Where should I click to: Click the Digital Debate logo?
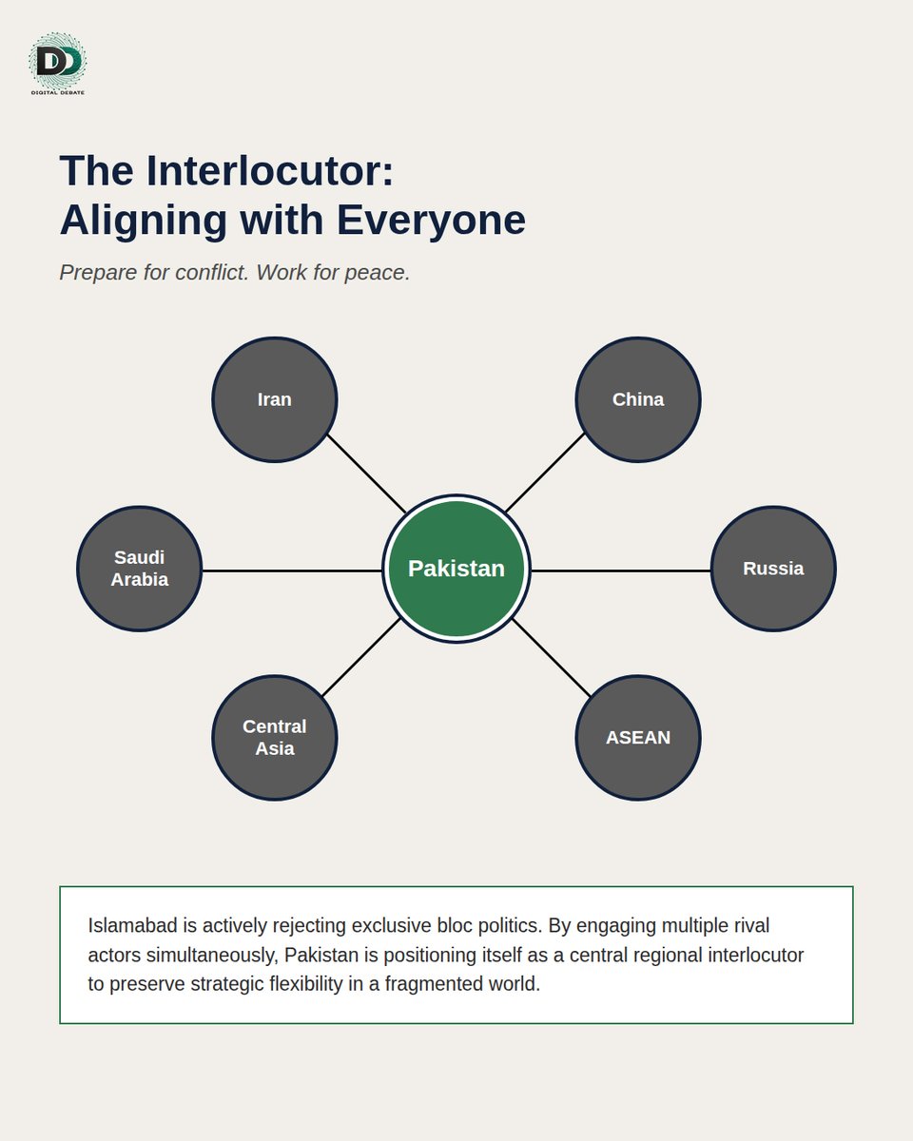click(x=57, y=64)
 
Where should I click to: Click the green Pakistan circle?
click(x=456, y=569)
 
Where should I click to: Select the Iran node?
click(x=274, y=399)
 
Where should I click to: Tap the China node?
click(x=637, y=399)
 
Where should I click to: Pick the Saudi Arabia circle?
click(x=140, y=569)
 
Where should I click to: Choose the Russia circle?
click(x=773, y=569)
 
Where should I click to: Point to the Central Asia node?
click(x=274, y=738)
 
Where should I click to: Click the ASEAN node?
click(x=637, y=738)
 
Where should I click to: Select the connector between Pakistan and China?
click(x=545, y=473)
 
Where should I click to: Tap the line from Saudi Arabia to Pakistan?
click(x=292, y=570)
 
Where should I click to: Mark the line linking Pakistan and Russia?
click(x=621, y=570)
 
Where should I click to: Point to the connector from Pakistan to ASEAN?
click(x=552, y=657)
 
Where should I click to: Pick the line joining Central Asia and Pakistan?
click(x=360, y=657)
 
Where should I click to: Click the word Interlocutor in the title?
click(x=270, y=171)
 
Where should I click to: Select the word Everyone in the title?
click(x=431, y=220)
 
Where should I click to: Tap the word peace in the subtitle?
click(x=378, y=273)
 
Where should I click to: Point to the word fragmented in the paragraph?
click(x=434, y=984)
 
